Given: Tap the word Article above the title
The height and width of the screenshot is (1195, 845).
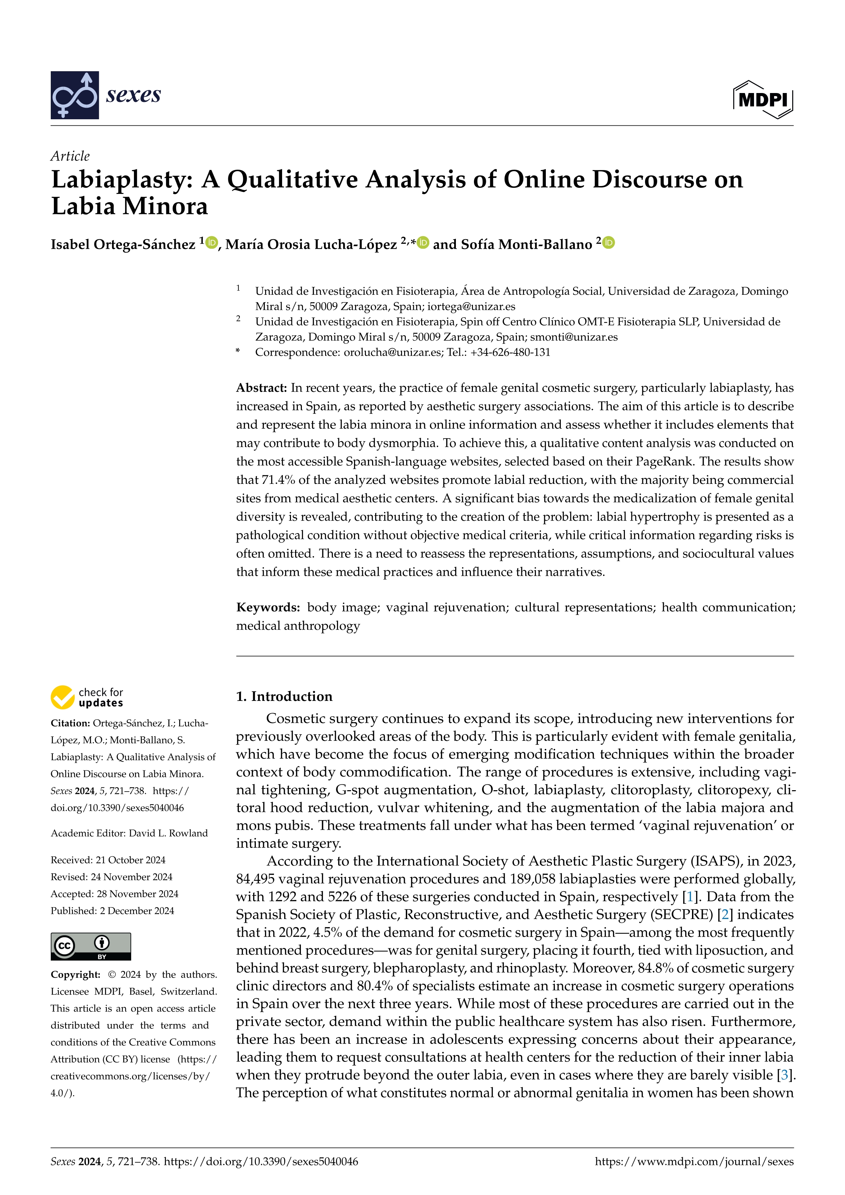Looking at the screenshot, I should tap(70, 156).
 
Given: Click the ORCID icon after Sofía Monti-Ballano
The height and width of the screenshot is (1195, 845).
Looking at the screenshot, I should tap(609, 243).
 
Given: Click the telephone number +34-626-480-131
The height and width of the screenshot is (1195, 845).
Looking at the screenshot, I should tap(510, 352).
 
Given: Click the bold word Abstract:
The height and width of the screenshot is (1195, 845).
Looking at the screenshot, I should tap(262, 388).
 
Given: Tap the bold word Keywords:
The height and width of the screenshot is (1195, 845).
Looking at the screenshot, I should tap(268, 608).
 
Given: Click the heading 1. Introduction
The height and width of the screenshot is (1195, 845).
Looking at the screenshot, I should tap(284, 697).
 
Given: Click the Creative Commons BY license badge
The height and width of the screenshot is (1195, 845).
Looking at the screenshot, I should tap(91, 946).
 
